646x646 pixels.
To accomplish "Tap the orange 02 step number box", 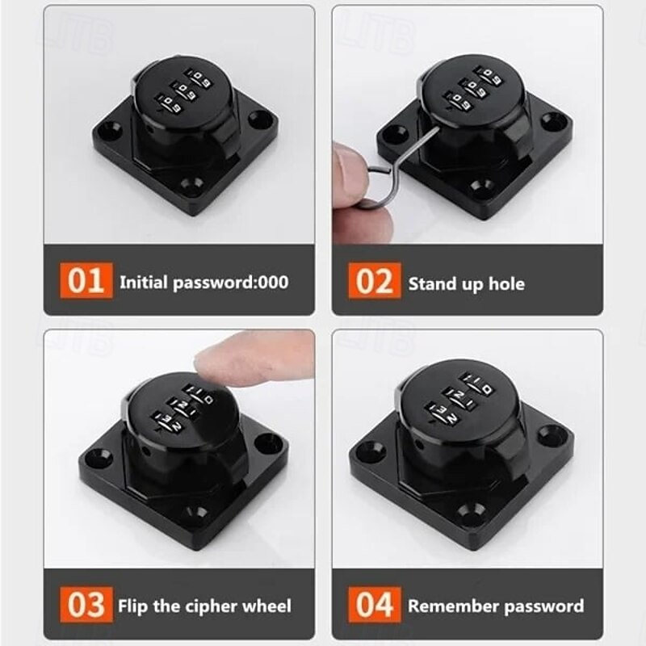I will [x=375, y=283].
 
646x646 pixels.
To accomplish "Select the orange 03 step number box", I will [x=86, y=604].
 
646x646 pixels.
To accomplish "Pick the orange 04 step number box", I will [x=375, y=604].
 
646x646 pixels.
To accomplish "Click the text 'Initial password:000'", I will [x=203, y=283].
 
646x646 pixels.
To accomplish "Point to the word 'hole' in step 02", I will [x=505, y=283].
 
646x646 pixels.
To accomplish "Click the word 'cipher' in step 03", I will [x=193, y=606].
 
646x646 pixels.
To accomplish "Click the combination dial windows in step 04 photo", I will [x=459, y=402].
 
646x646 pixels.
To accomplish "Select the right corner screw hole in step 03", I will [x=270, y=443].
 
